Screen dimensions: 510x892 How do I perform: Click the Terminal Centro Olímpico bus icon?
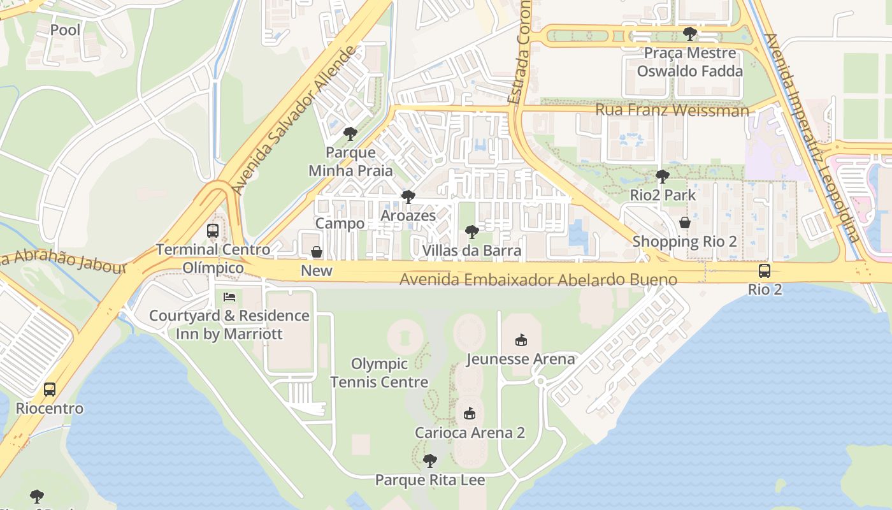213,231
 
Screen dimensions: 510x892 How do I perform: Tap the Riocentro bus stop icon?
50,389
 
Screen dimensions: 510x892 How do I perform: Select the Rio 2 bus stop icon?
764,271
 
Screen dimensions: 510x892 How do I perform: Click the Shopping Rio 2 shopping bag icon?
684,222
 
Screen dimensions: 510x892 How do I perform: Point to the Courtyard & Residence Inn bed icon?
229,297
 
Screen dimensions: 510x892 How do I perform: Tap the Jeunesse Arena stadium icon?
521,340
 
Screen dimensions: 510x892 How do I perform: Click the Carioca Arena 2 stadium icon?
470,414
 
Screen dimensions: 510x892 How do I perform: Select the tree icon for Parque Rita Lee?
430,460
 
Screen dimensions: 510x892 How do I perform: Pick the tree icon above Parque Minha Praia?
350,133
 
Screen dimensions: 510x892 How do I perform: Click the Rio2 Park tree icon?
663,176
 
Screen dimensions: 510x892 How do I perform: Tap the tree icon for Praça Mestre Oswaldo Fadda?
689,33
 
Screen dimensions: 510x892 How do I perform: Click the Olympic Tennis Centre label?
379,373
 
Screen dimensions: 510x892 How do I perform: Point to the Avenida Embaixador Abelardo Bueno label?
538,280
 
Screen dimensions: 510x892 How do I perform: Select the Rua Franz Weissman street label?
672,110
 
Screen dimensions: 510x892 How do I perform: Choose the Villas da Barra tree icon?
471,231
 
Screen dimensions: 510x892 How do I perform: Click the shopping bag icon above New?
317,252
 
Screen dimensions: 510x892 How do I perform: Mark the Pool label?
66,30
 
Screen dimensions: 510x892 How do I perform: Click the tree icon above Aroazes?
408,196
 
